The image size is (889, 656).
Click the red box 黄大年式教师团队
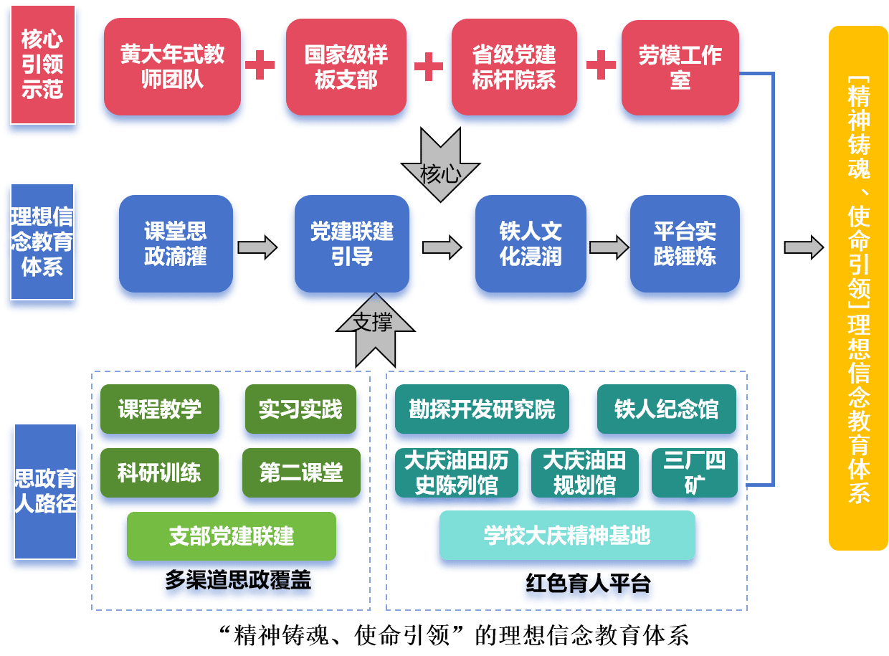coord(172,67)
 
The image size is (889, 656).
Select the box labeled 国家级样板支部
coord(346,67)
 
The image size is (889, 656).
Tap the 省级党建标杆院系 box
coord(513,67)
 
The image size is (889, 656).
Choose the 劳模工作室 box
coord(680,67)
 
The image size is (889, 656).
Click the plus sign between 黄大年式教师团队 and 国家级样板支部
coord(260,65)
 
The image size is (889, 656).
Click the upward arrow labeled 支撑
coord(375,330)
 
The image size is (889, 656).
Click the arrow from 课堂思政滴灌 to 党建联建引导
coord(257,247)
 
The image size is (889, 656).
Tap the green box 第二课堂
coord(301,472)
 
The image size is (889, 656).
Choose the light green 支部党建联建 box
coord(231,536)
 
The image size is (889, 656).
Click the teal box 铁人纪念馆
coord(666,409)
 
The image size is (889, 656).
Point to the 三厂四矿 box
coord(694,472)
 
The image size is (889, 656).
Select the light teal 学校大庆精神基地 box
coord(566,536)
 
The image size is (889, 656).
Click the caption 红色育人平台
coord(588,584)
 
